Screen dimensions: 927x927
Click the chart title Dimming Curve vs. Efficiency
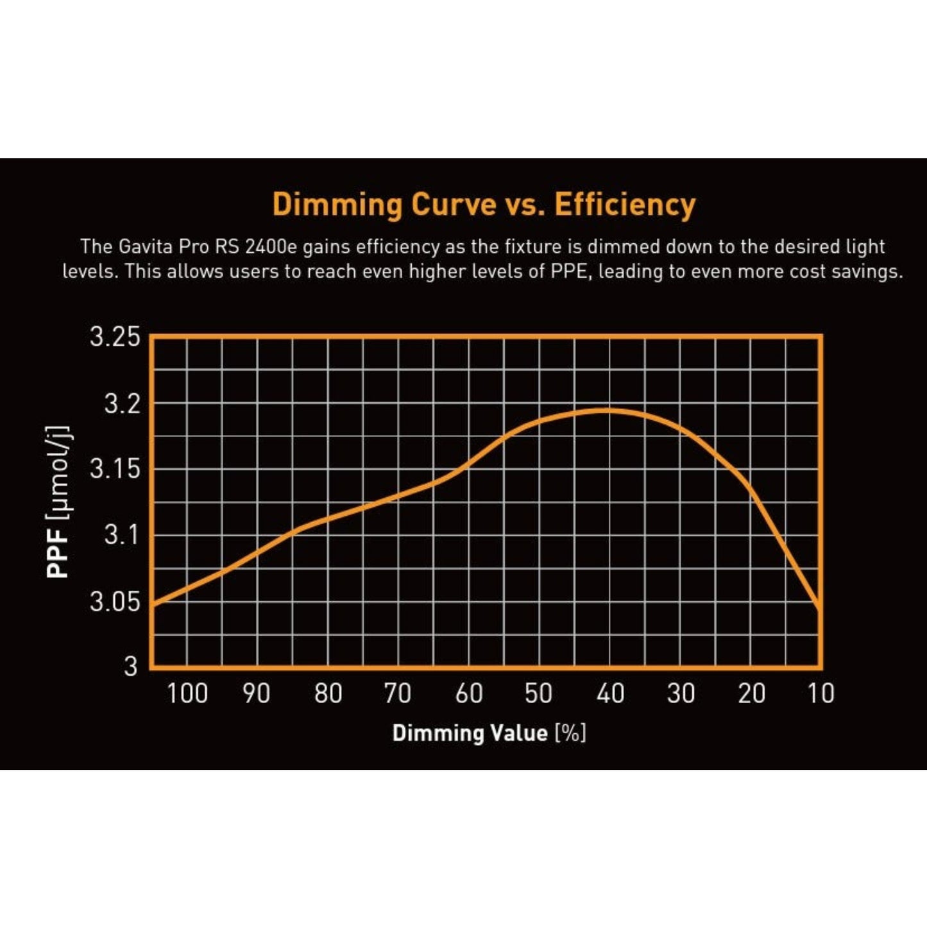pos(484,205)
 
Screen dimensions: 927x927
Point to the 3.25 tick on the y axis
pos(115,337)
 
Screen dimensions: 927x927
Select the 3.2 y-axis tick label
pos(122,404)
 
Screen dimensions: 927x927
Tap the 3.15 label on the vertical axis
pos(115,469)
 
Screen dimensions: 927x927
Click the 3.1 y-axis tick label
pos(122,534)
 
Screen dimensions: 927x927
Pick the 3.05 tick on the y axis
pos(115,601)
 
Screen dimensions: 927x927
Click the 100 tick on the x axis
pos(187,693)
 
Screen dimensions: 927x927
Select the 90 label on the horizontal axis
pos(257,693)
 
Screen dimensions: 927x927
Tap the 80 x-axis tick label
pos(328,693)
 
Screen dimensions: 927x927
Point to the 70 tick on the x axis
pos(398,693)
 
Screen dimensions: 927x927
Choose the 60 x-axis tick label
pos(469,693)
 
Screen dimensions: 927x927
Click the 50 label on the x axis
pos(539,693)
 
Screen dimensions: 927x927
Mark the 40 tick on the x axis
pos(610,693)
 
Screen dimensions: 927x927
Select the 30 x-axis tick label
pos(681,693)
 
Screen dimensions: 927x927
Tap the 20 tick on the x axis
pos(751,693)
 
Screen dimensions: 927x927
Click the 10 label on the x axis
pos(821,693)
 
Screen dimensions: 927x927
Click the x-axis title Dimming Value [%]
pos(489,733)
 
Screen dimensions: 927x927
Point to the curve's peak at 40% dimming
pos(606,410)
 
